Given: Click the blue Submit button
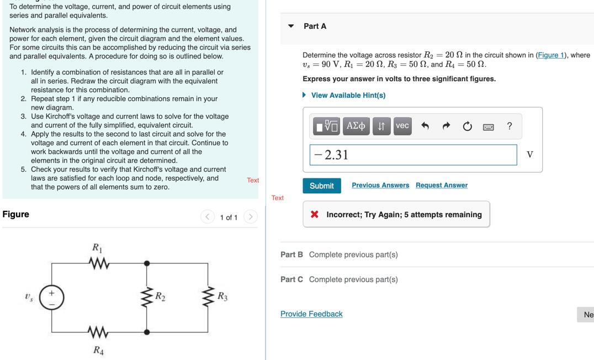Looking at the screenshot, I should (321, 186).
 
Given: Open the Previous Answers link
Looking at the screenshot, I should (380, 186).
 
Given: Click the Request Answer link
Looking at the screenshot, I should (441, 186).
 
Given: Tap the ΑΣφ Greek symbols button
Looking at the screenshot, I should (356, 126).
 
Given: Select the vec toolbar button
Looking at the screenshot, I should (402, 126).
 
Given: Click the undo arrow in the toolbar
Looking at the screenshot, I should (425, 126).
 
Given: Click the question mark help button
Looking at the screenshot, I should (509, 126).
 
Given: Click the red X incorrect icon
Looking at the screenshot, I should (314, 215).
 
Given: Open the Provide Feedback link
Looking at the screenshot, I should (311, 314).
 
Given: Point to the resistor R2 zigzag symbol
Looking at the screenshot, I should (146, 297).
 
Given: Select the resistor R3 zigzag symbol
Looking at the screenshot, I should (208, 297).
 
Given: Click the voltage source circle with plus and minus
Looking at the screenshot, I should (52, 298).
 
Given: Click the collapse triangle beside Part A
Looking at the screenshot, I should (291, 26).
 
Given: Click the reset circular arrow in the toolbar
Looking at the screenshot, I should (467, 126).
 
